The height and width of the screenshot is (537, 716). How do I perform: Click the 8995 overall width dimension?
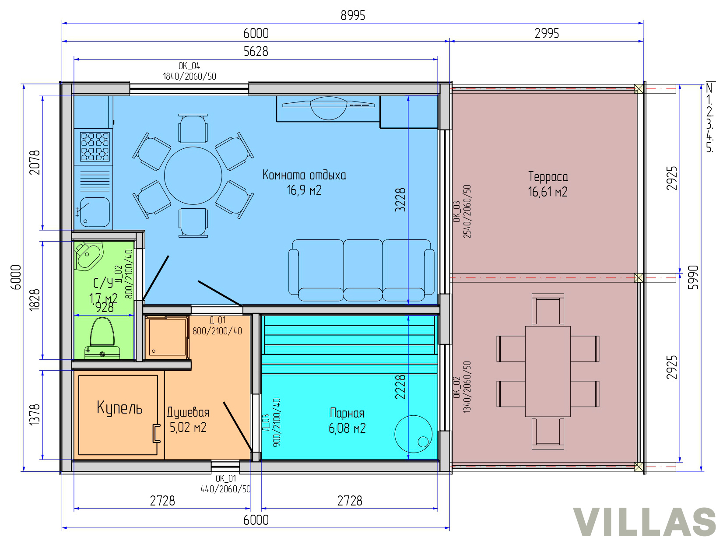point(353,16)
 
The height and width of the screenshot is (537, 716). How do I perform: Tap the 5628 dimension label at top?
point(256,52)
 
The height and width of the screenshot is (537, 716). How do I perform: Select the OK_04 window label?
point(189,66)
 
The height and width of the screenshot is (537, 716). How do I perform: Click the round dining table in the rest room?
point(193,176)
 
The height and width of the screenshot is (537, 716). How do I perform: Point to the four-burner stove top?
point(95,147)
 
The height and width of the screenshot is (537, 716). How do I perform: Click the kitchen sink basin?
point(95,212)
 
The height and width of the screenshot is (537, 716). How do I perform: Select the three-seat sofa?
point(361,270)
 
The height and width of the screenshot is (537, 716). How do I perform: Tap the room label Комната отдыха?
point(304,175)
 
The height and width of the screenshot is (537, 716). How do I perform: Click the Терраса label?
point(548,177)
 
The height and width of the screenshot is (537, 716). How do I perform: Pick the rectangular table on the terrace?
point(548,372)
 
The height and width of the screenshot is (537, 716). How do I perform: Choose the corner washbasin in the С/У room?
point(88,256)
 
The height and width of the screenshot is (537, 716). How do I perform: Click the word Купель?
point(120,407)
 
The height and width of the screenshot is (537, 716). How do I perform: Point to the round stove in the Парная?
point(413,434)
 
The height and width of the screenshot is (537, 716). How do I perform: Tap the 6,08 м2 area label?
point(347,428)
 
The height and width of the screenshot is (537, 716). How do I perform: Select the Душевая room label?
point(188,412)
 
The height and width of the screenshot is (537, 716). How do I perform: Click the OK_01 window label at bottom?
point(226,478)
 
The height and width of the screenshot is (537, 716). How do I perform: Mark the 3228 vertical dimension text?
point(400,200)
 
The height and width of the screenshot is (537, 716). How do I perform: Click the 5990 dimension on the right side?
point(693,277)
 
